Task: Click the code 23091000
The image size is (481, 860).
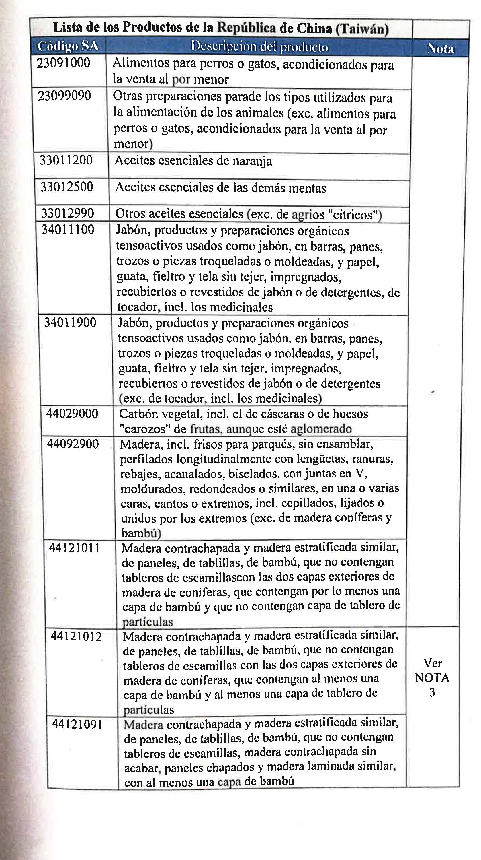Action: (x=63, y=63)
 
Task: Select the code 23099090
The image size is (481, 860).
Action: (x=64, y=96)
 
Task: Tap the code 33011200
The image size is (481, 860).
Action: (x=66, y=160)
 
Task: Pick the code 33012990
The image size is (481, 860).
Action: (x=67, y=213)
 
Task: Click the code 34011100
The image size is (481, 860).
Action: (x=68, y=229)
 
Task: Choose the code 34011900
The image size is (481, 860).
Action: (x=70, y=323)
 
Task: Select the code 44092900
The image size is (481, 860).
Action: (x=73, y=444)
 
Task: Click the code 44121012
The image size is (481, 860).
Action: (x=76, y=637)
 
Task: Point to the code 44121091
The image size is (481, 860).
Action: (x=77, y=725)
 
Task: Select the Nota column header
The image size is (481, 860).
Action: (x=441, y=49)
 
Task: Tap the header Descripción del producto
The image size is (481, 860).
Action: (x=259, y=47)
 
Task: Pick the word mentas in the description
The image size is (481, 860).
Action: (x=307, y=188)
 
